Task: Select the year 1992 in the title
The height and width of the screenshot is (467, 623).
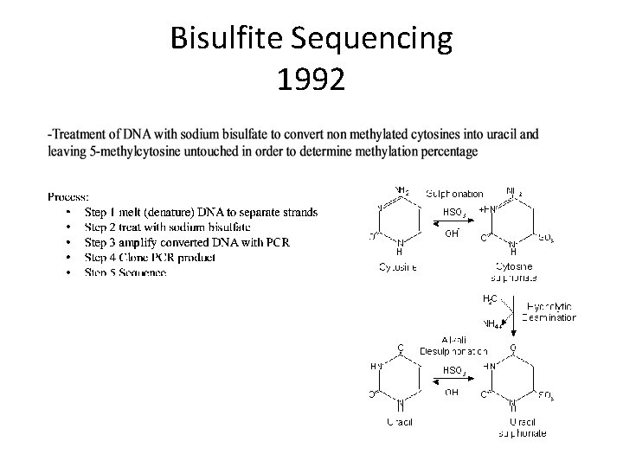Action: pyautogui.click(x=311, y=80)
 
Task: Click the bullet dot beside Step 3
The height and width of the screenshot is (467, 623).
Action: pyautogui.click(x=67, y=243)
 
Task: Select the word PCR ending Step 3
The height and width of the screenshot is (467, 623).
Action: pyautogui.click(x=277, y=242)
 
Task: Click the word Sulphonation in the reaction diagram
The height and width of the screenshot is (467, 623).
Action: pyautogui.click(x=454, y=194)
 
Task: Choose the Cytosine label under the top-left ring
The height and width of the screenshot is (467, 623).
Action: pyautogui.click(x=398, y=267)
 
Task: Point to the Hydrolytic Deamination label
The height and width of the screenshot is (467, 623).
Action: pyautogui.click(x=548, y=312)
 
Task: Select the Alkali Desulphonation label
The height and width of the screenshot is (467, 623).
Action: pyautogui.click(x=453, y=346)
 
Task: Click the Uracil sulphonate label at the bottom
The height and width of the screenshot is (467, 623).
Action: pyautogui.click(x=522, y=427)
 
